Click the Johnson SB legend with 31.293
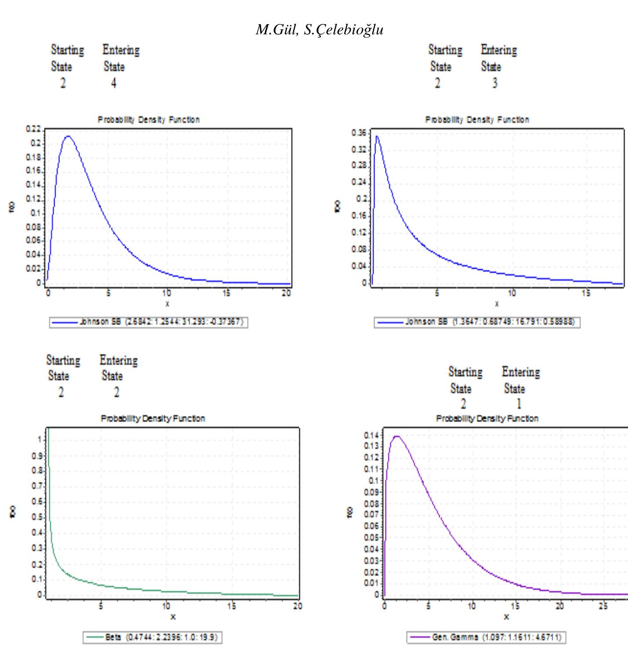148,322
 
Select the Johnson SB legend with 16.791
477,322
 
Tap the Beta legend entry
152,637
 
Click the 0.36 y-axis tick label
359,132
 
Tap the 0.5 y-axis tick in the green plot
38,517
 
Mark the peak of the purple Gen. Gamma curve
397,436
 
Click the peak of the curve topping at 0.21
68,136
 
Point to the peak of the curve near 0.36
377,136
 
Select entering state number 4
114,83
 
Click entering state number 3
495,83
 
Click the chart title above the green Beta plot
153,418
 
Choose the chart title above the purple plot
487,418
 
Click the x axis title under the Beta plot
173,617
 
